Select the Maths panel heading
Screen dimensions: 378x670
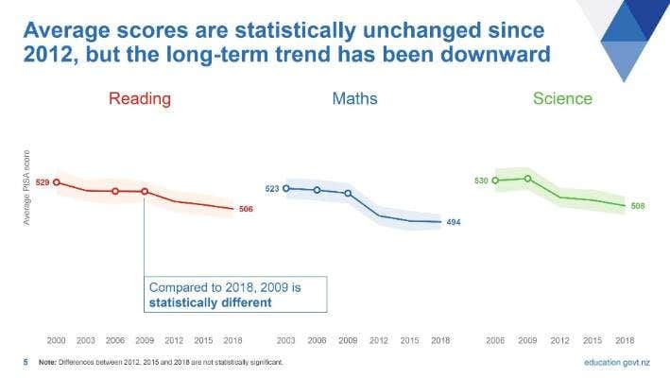354,98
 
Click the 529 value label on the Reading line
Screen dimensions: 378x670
42,182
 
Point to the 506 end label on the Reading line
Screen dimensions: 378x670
246,209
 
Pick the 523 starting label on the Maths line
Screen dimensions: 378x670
272,189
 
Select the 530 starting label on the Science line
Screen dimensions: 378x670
481,180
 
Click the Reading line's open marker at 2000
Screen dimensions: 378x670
56,182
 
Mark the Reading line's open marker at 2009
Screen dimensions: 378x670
145,191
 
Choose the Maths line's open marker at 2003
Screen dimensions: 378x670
286,188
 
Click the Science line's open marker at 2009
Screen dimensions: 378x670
528,179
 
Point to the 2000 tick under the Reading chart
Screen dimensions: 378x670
56,338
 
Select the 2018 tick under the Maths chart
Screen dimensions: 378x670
440,338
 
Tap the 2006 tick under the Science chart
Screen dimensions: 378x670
495,338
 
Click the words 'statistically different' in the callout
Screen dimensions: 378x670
210,303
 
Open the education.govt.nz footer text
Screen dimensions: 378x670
617,362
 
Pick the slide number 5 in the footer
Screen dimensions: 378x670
26,362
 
